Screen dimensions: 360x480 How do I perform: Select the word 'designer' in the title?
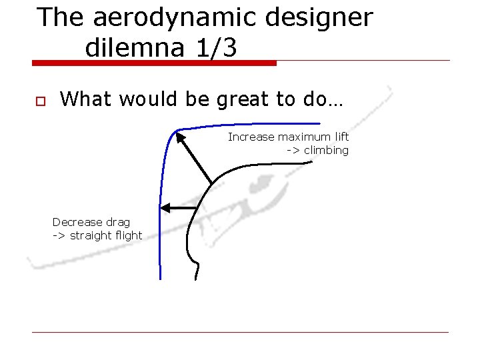(319, 18)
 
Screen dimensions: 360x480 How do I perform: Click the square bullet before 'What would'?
(39, 101)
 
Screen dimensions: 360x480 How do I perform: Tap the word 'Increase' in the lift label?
(251, 137)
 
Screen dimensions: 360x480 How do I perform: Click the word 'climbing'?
(327, 151)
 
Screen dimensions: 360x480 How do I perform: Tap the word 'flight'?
(129, 235)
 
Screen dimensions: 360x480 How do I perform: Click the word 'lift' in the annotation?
(342, 137)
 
